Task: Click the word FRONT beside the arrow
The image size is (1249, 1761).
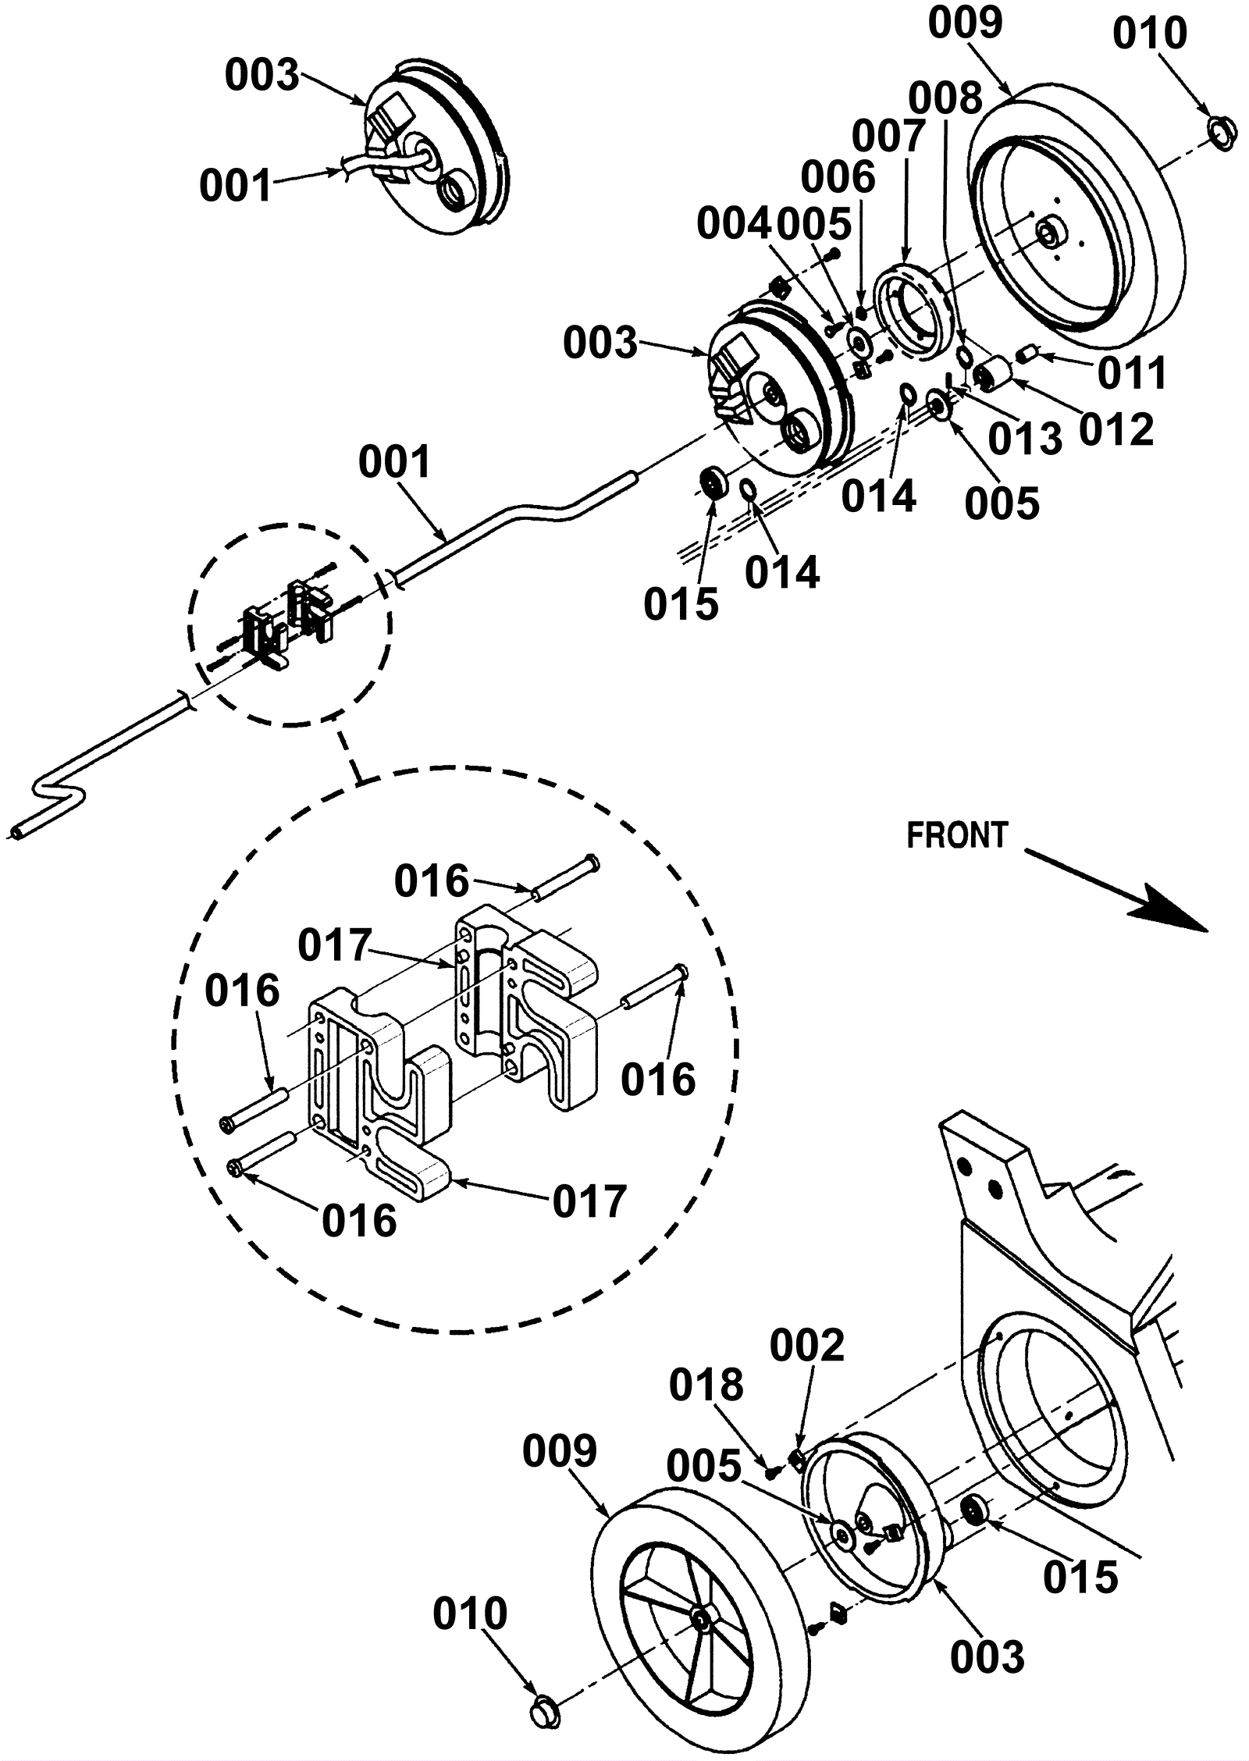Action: tap(957, 836)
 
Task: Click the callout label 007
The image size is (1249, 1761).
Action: tap(888, 137)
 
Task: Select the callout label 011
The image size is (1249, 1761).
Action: tap(1132, 373)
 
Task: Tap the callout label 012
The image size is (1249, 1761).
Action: tap(1117, 429)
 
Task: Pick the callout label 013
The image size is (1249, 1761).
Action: tap(1026, 439)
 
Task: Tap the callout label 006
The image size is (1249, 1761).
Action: tap(838, 178)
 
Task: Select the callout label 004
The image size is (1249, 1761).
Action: tap(733, 225)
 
